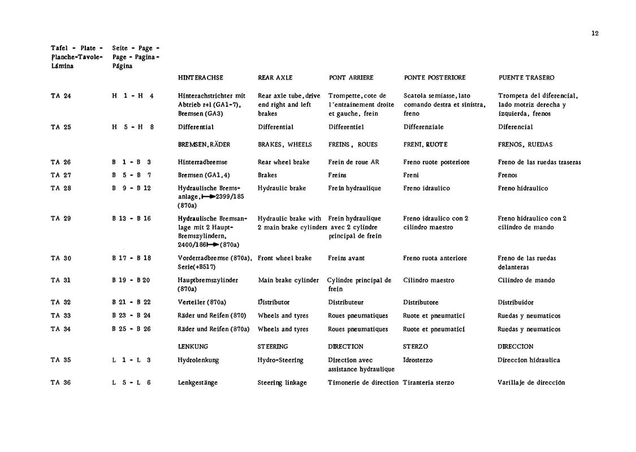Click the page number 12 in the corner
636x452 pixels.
pyautogui.click(x=595, y=33)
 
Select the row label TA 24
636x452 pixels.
pyautogui.click(x=60, y=96)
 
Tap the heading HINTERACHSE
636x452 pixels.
pyautogui.click(x=200, y=77)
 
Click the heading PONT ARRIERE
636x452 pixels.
pyautogui.click(x=351, y=77)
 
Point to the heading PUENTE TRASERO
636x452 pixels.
pyautogui.click(x=526, y=77)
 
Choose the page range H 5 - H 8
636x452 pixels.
pyautogui.click(x=133, y=127)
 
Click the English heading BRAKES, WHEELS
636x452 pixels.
pyautogui.click(x=285, y=145)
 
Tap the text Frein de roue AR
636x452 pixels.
pyautogui.click(x=354, y=162)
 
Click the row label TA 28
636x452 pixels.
pyautogui.click(x=60, y=188)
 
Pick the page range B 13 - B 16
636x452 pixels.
pyautogui.click(x=131, y=219)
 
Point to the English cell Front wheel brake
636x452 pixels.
pyautogui.click(x=284, y=258)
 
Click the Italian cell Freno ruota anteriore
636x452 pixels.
pyautogui.click(x=435, y=258)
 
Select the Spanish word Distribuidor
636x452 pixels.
pyautogui.click(x=516, y=302)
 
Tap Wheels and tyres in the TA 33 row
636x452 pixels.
pyautogui.click(x=283, y=316)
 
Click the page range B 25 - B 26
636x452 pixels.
pyautogui.click(x=131, y=329)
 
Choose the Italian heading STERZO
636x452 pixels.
pyautogui.click(x=416, y=346)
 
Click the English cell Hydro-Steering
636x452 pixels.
pyautogui.click(x=280, y=360)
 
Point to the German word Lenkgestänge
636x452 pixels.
pyautogui.click(x=197, y=383)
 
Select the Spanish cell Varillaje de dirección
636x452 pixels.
pyautogui.click(x=531, y=383)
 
